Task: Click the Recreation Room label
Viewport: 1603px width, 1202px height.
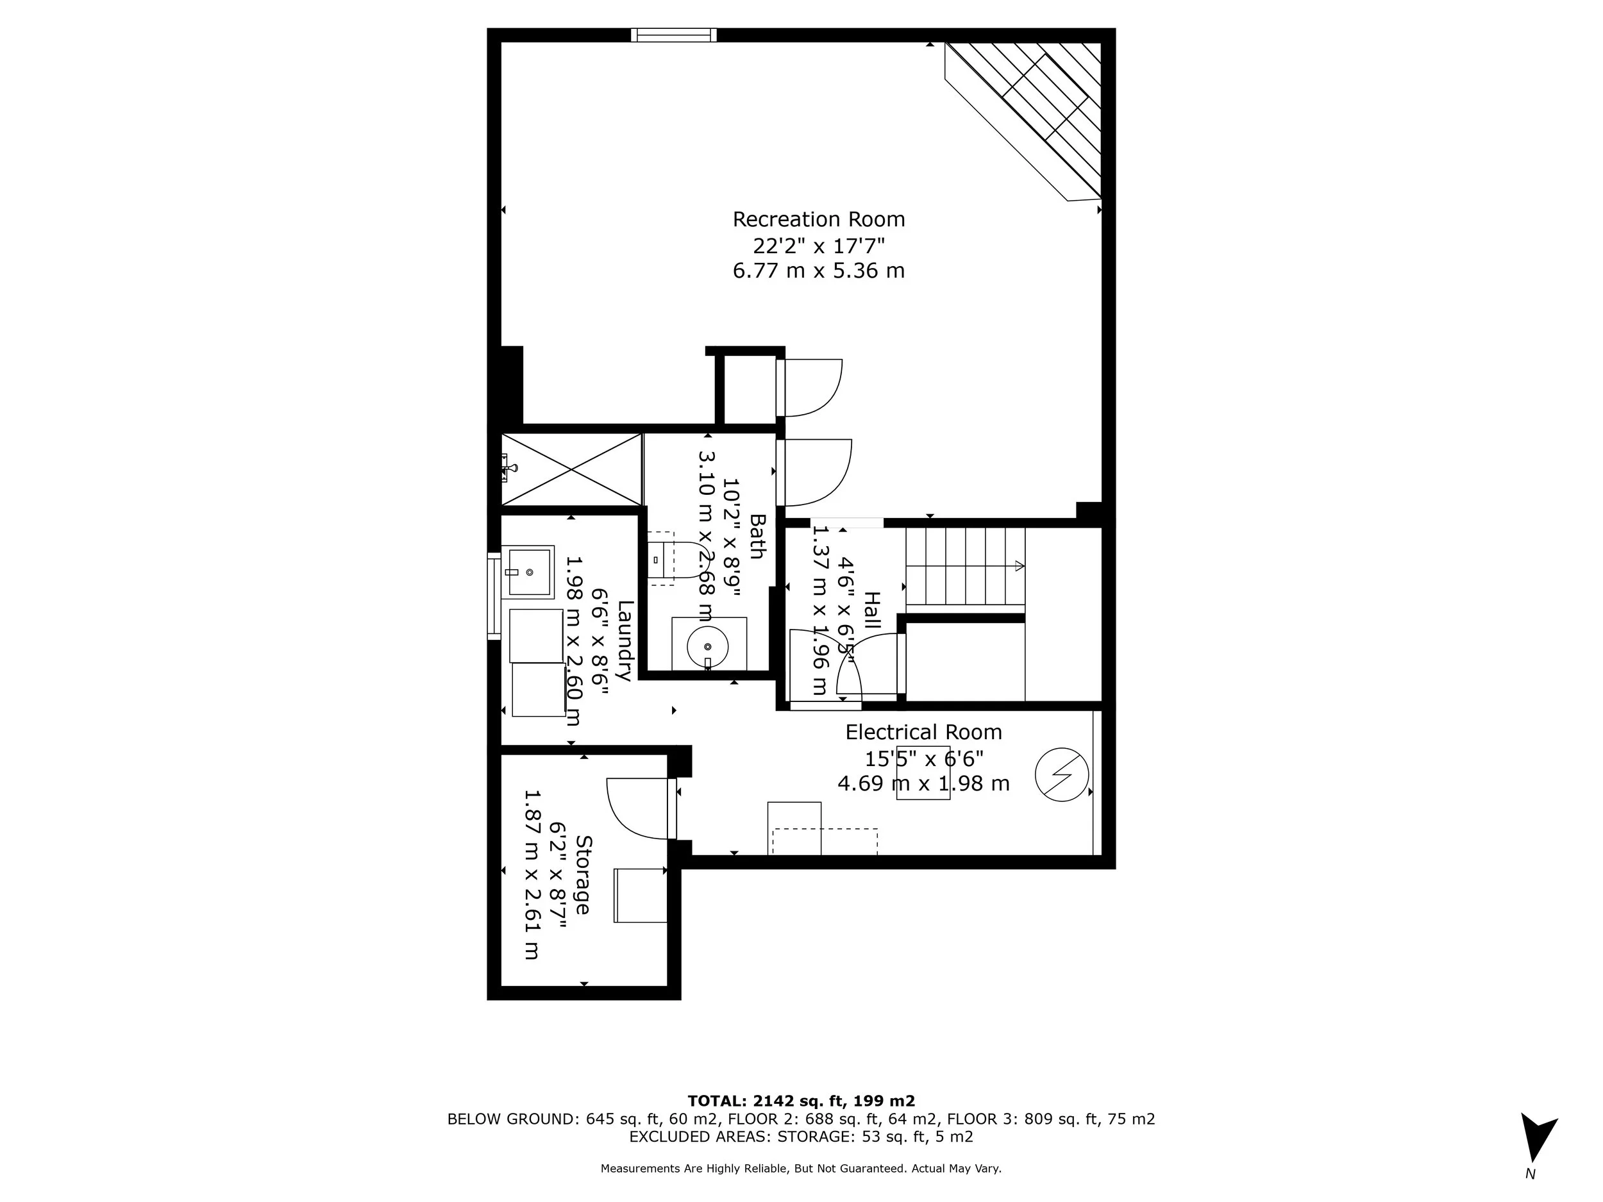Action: [x=818, y=219]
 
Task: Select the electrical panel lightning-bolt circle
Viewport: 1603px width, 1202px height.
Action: [x=1062, y=774]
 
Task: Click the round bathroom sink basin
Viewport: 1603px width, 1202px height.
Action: [x=707, y=645]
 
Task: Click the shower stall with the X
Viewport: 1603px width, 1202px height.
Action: [x=571, y=469]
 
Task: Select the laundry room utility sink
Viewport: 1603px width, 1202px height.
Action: [x=528, y=572]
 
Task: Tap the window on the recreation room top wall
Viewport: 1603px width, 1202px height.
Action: [x=673, y=35]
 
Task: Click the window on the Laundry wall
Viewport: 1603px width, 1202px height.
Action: [x=494, y=596]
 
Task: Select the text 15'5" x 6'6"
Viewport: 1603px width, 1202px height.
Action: [x=923, y=758]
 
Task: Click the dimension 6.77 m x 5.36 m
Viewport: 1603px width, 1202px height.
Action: [x=818, y=271]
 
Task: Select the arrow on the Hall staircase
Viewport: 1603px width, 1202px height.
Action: [x=1019, y=566]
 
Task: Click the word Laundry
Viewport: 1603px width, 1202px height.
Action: [x=625, y=640]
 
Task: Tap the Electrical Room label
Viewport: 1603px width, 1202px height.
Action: [x=923, y=732]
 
